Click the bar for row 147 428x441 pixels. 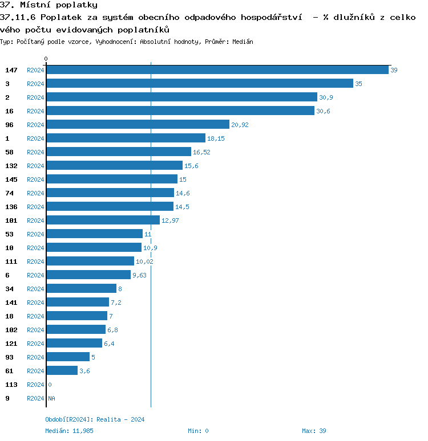pyautogui.click(x=217, y=70)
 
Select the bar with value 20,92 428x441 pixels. pyautogui.click(x=138, y=124)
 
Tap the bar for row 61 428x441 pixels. pyautogui.click(x=62, y=370)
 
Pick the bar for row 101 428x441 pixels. pyautogui.click(x=103, y=220)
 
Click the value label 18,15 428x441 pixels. pyautogui.click(x=216, y=138)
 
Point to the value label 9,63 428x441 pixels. pyautogui.click(x=140, y=275)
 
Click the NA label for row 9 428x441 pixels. pyautogui.click(x=51, y=398)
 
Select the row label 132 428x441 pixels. pyautogui.click(x=11, y=166)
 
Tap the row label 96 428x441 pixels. pyautogui.click(x=9, y=125)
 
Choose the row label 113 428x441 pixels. pyautogui.click(x=11, y=385)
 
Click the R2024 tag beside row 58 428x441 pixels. pyautogui.click(x=35, y=152)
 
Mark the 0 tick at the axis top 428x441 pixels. pyautogui.click(x=46, y=59)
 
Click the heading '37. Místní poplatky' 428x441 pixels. pyautogui.click(x=49, y=5)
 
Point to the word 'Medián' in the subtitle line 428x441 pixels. pyautogui.click(x=243, y=42)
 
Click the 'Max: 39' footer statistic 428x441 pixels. pyautogui.click(x=314, y=431)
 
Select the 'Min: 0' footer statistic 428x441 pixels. pyautogui.click(x=198, y=431)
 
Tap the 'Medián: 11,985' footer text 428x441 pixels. pyautogui.click(x=69, y=431)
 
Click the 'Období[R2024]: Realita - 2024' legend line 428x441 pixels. pyautogui.click(x=95, y=419)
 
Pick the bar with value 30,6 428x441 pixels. pyautogui.click(x=180, y=111)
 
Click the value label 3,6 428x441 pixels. pyautogui.click(x=84, y=371)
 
